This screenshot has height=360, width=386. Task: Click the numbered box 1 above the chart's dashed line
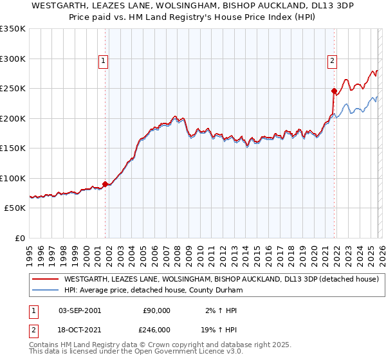[x=103, y=61]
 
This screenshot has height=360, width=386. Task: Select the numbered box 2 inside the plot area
[x=332, y=61]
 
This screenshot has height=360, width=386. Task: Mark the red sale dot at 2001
[x=106, y=184]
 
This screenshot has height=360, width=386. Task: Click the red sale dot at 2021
[x=334, y=91]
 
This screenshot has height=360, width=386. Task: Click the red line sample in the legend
[x=46, y=279]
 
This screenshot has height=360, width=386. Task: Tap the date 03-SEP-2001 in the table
[x=80, y=310]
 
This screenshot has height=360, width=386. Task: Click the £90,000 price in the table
[x=156, y=310]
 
